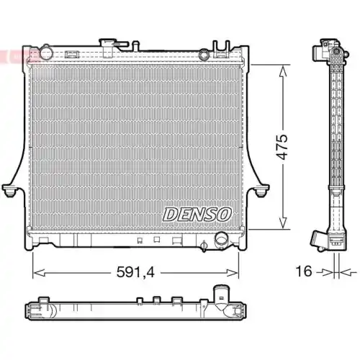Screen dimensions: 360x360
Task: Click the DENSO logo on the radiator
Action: click(197, 214)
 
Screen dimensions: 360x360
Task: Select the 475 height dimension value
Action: click(283, 148)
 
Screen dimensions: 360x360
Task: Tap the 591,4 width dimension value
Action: click(137, 272)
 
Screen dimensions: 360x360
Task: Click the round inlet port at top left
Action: click(45, 53)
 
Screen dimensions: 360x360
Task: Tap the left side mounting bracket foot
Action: click(11, 192)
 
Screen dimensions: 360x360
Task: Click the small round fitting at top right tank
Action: click(204, 53)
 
